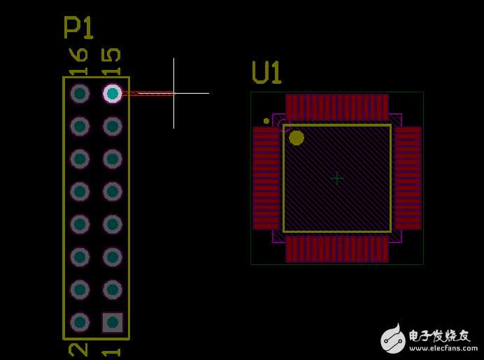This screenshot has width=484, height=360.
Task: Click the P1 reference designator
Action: click(78, 28)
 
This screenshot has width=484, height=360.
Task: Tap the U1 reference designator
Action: click(267, 73)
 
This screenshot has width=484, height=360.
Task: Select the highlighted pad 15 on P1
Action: click(113, 93)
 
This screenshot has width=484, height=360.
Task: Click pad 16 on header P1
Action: click(80, 93)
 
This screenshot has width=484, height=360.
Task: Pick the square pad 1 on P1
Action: click(113, 322)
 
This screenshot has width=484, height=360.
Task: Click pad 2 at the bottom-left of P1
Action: click(80, 322)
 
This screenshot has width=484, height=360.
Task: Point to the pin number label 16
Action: click(78, 62)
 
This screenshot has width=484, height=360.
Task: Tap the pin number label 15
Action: click(111, 62)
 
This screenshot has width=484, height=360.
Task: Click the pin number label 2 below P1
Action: click(78, 350)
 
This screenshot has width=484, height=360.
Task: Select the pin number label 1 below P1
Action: click(111, 352)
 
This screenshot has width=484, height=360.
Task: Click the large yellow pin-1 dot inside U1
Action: click(297, 138)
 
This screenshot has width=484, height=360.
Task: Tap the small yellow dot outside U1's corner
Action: click(266, 121)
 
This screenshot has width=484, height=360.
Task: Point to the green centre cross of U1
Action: click(336, 178)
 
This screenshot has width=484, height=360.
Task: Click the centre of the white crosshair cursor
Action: click(173, 93)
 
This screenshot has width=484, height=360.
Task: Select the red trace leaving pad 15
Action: click(148, 93)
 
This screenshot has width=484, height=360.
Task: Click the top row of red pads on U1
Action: click(337, 108)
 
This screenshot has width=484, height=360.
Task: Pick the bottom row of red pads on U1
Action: click(337, 250)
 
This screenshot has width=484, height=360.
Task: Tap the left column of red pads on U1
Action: click(266, 178)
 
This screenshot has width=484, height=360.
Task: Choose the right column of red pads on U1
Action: click(408, 178)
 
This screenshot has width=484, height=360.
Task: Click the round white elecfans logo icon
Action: click(393, 339)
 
